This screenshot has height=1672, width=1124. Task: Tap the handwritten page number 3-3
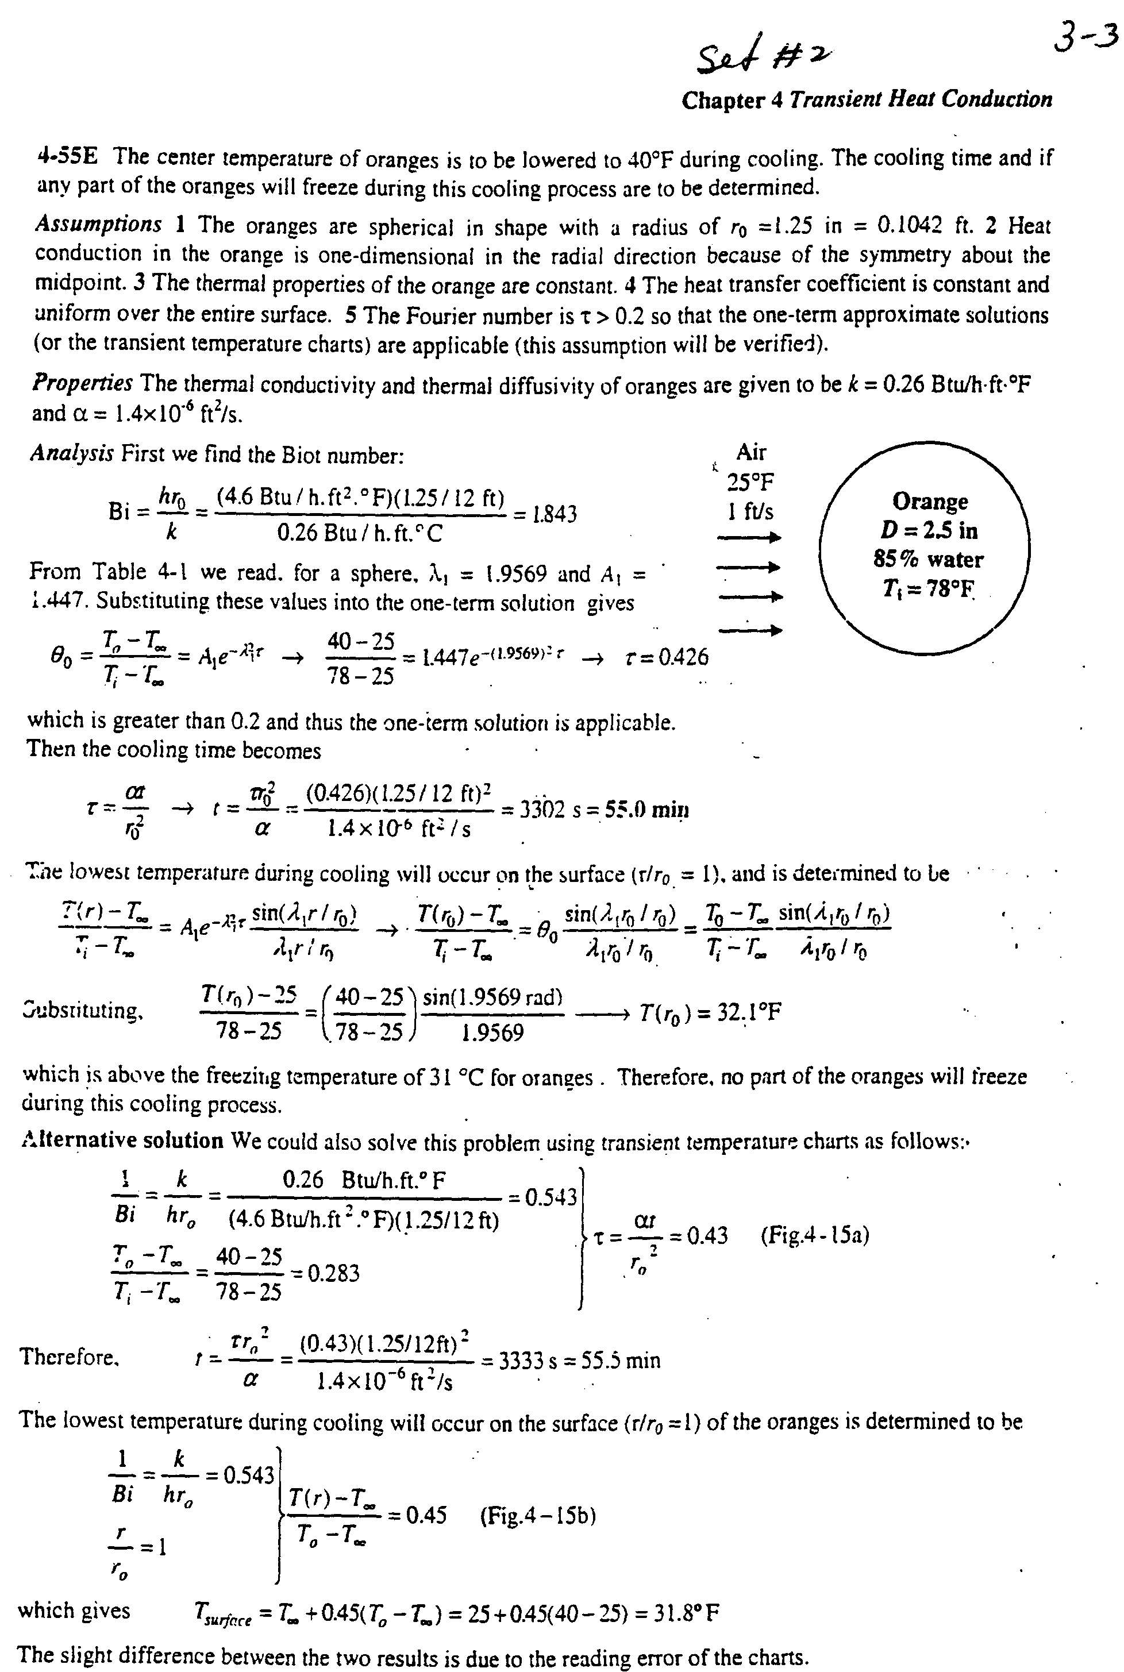click(1084, 37)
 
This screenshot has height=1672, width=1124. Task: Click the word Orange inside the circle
click(929, 501)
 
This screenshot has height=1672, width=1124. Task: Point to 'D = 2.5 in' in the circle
click(929, 530)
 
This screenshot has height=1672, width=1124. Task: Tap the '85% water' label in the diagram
click(927, 560)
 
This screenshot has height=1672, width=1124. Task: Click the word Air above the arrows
click(750, 452)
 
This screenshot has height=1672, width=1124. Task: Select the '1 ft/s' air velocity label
click(750, 512)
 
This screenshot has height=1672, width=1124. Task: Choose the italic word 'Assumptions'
click(99, 224)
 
